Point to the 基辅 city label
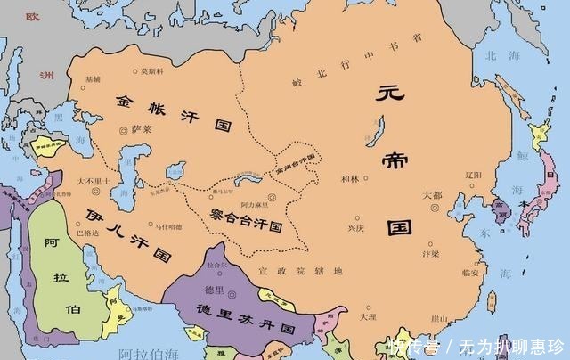click(92, 79)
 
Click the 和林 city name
click(349, 178)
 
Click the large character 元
click(388, 94)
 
